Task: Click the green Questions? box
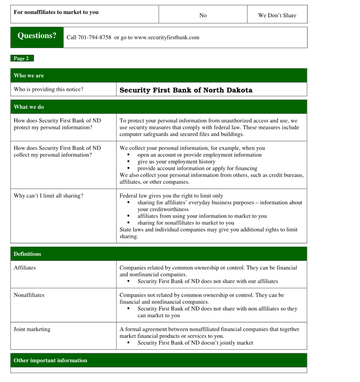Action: click(37, 36)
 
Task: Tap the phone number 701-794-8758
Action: click(94, 38)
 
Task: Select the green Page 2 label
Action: click(22, 58)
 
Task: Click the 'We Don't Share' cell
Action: click(277, 15)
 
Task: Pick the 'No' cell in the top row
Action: click(203, 15)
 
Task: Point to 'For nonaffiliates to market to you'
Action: click(56, 12)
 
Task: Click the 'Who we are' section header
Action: click(29, 76)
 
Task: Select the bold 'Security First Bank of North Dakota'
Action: click(186, 90)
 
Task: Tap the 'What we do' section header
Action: click(29, 107)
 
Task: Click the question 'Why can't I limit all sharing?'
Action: click(49, 196)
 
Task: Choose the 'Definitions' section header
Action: click(27, 254)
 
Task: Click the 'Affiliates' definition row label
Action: click(25, 268)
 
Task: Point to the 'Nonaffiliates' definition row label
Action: click(29, 295)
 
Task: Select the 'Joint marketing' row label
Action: click(32, 329)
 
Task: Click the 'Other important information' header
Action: click(50, 360)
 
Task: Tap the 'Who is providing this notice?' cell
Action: click(49, 89)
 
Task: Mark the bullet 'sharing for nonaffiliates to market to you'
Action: click(186, 223)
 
